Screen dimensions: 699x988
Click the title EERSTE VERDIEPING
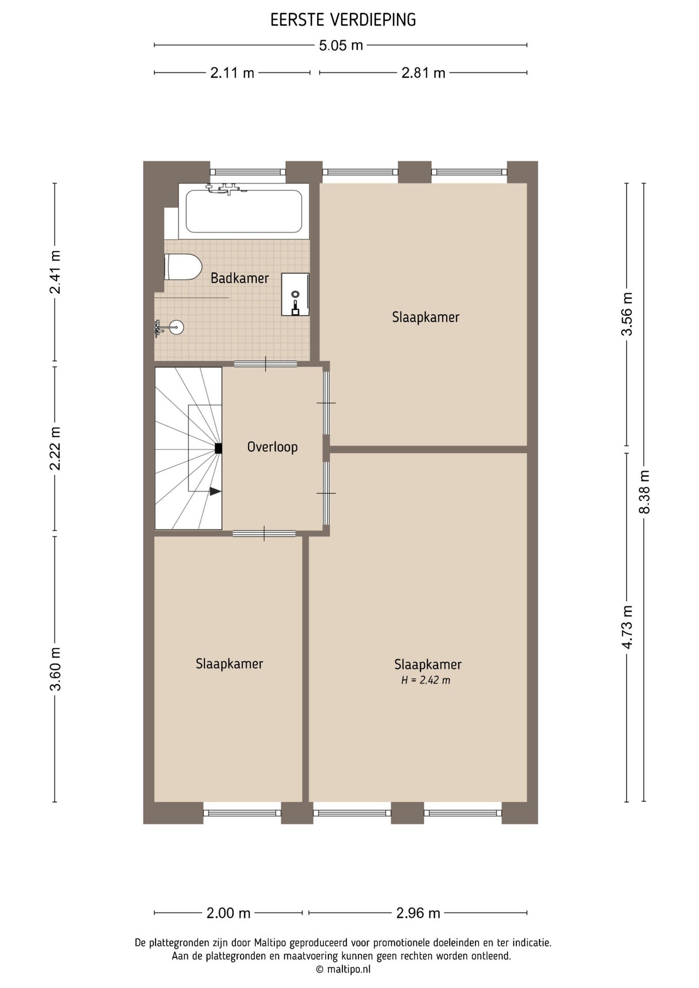(x=343, y=20)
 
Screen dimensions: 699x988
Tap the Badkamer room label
(x=240, y=278)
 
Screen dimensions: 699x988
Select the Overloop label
(x=272, y=447)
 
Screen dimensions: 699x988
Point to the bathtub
(x=244, y=211)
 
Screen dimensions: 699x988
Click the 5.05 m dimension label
(x=341, y=46)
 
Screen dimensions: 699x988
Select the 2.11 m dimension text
(x=232, y=73)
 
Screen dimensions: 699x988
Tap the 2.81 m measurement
(x=423, y=73)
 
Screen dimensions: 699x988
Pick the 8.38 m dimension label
(x=644, y=492)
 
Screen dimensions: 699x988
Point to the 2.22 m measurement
(x=55, y=448)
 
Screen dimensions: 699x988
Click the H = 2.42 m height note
(x=426, y=680)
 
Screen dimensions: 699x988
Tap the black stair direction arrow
(x=216, y=491)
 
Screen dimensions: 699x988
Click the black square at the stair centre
(x=218, y=448)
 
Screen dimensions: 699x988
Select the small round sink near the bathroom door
(x=177, y=327)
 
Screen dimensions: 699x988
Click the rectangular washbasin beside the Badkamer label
(x=295, y=294)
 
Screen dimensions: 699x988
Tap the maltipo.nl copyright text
(x=343, y=969)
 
